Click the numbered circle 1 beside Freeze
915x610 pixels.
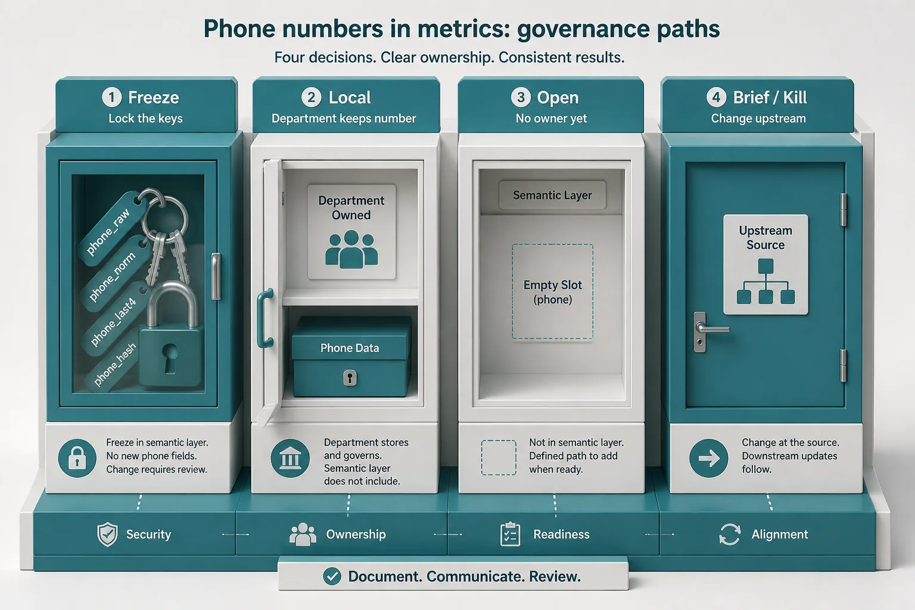(x=111, y=97)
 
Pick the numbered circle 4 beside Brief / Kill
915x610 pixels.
(x=716, y=97)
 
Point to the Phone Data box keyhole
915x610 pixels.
(x=350, y=378)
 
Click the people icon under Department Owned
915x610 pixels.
(x=351, y=249)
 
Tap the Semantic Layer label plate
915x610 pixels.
(x=552, y=195)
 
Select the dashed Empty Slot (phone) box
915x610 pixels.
(x=552, y=291)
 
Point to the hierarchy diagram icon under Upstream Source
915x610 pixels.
(x=765, y=282)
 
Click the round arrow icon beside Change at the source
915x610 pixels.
(x=709, y=458)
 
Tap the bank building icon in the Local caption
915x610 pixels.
(x=290, y=459)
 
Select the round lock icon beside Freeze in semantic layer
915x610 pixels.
(x=77, y=458)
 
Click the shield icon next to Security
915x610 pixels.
(x=107, y=534)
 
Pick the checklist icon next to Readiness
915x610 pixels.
(x=510, y=534)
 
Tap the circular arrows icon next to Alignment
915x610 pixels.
(x=730, y=534)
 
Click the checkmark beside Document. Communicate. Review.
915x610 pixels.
(x=332, y=577)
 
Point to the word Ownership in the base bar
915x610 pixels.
(x=356, y=534)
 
